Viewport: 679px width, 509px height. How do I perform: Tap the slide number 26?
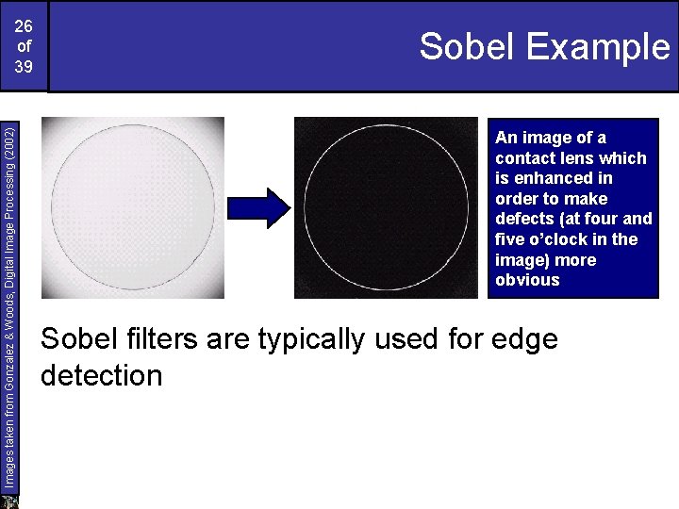coord(24,25)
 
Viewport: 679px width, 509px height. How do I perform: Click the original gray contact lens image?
coord(137,207)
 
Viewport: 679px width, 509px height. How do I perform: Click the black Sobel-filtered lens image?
coord(386,207)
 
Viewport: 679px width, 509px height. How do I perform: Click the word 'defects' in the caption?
coord(523,219)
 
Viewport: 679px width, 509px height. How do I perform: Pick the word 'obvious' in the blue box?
coord(527,280)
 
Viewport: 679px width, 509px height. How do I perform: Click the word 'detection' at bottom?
coord(102,376)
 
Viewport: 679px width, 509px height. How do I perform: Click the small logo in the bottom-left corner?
coord(9,501)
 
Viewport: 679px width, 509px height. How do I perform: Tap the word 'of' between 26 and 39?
coord(24,45)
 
